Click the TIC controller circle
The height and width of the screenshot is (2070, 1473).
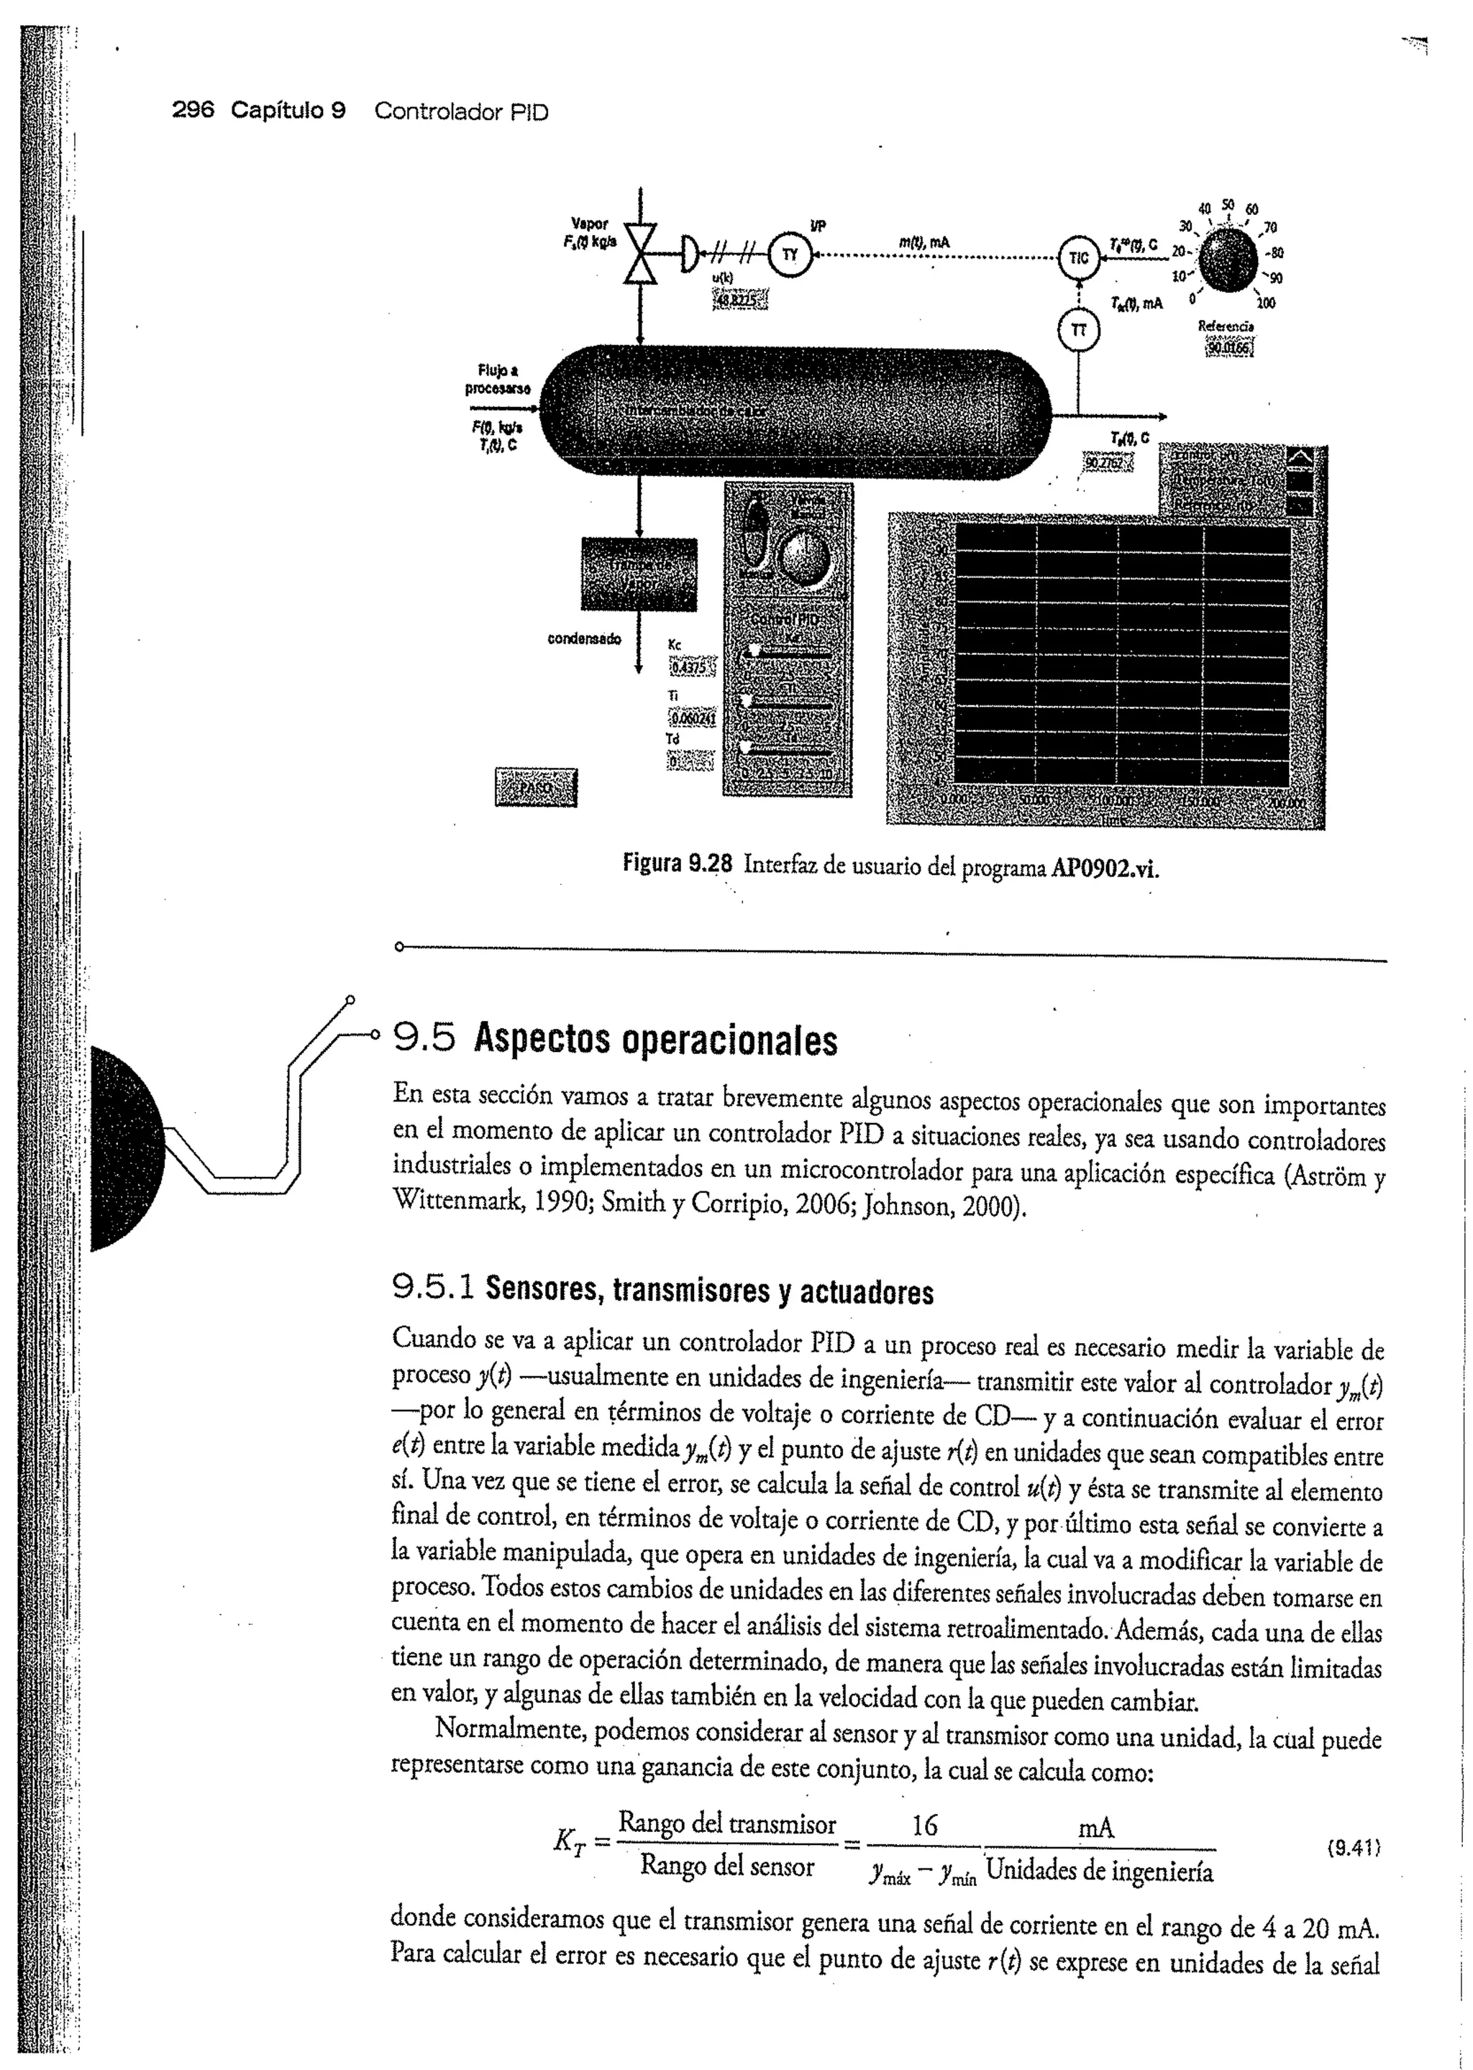pos(1077,257)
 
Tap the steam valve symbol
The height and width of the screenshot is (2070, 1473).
pos(640,252)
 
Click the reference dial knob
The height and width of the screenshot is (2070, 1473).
pos(1228,261)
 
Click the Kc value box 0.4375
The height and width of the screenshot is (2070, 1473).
pos(692,667)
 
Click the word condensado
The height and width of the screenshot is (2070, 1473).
pos(584,639)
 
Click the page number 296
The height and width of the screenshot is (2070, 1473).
pos(193,111)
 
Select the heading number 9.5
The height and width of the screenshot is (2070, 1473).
pos(424,1039)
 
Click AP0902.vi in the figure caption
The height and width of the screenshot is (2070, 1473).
pos(1105,869)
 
